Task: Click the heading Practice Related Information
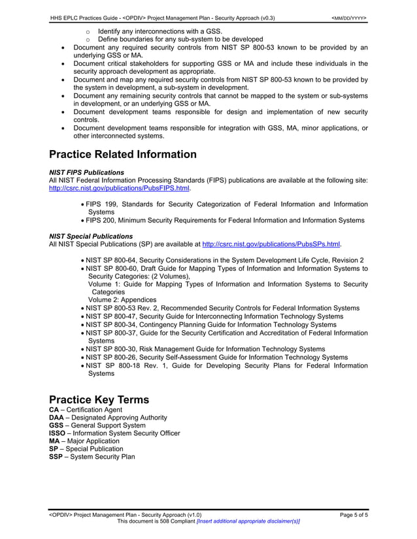(x=123, y=155)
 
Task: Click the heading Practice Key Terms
(x=99, y=399)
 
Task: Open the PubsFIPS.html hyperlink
(x=120, y=189)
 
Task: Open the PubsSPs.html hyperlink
(x=272, y=244)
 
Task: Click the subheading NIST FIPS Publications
(x=86, y=172)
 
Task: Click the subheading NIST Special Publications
(x=91, y=236)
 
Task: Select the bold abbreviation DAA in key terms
(x=57, y=418)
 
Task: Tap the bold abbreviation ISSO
(x=58, y=433)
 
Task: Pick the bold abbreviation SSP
(x=56, y=457)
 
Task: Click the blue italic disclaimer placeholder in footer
(x=248, y=522)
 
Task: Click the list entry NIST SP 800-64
(x=113, y=260)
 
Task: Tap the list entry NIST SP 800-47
(x=113, y=316)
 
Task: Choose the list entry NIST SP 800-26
(x=113, y=357)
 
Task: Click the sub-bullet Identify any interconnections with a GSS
(x=159, y=31)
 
